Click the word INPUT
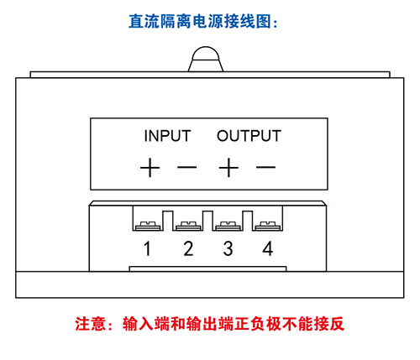(167, 136)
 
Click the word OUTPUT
(249, 136)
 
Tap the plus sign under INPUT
(150, 168)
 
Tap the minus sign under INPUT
(187, 168)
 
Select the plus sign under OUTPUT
(228, 168)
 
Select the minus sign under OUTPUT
(266, 168)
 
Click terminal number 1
(147, 248)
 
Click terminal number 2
(188, 248)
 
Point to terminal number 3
(228, 248)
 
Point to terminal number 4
(268, 248)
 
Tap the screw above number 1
(148, 226)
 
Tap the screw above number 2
(188, 226)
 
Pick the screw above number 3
(228, 226)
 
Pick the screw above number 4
(267, 226)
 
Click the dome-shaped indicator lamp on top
(206, 59)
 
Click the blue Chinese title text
(203, 22)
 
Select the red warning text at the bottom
(210, 324)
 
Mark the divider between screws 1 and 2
(168, 221)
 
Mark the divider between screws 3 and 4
(247, 221)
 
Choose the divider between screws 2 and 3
(207, 221)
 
